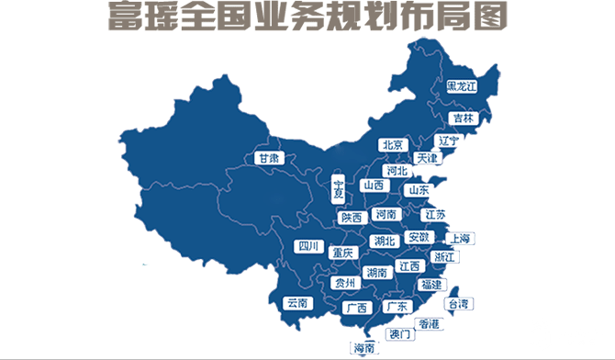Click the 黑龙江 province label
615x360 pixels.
click(462, 86)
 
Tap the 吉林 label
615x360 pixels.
click(462, 118)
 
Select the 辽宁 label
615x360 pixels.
click(448, 141)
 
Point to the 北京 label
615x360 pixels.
click(393, 145)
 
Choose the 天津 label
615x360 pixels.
click(428, 158)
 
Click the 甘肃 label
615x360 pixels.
click(268, 158)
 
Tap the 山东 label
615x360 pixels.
click(418, 190)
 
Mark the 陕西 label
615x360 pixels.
click(351, 218)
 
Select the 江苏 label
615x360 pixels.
click(435, 214)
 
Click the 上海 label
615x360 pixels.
click(460, 239)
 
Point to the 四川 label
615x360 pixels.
click(307, 246)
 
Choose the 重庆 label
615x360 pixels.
click(342, 252)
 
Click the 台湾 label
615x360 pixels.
click(457, 303)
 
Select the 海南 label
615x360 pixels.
click(363, 348)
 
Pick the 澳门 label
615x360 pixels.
click(400, 333)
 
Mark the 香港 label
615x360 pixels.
click(429, 322)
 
